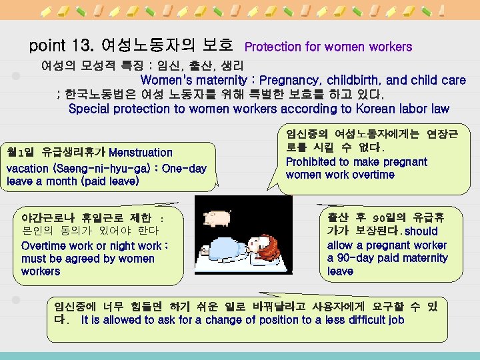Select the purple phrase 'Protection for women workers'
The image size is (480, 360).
point(328,47)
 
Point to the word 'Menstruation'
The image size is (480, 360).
point(140,153)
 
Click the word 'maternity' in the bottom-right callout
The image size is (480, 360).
point(424,258)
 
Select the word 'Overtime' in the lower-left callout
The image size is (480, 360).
point(44,245)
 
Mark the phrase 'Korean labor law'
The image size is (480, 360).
point(406,109)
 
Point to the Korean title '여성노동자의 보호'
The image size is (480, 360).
point(166,47)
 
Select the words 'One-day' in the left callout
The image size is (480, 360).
point(184,168)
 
